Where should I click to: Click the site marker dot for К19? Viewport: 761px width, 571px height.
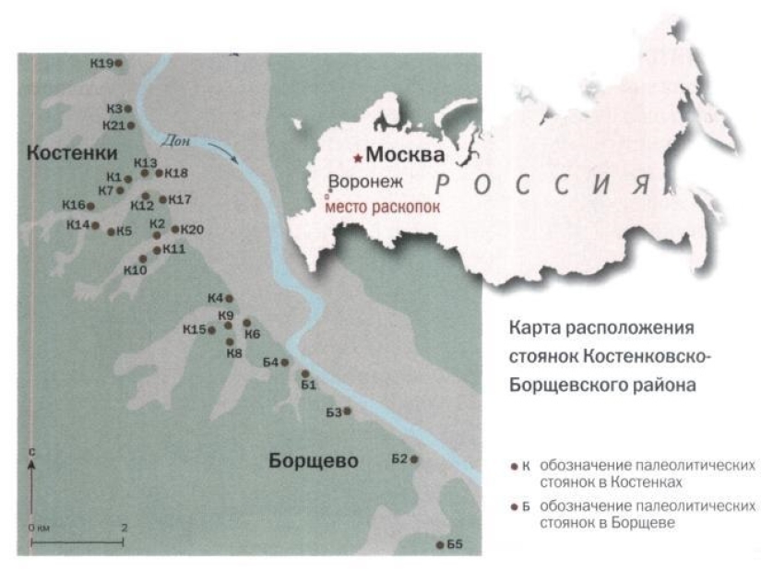(118, 63)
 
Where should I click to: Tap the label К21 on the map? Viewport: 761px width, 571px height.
(113, 125)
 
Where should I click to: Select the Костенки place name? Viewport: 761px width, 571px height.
(72, 152)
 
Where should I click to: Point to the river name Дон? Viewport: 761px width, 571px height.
(175, 141)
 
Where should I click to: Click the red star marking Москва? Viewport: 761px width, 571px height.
(358, 159)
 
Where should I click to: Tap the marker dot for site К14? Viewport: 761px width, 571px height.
(94, 225)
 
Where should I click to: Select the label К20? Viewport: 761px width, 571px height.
(191, 230)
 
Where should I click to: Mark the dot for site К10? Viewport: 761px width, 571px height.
(142, 259)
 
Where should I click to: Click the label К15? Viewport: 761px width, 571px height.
(194, 329)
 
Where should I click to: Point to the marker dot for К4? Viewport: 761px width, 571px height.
(229, 298)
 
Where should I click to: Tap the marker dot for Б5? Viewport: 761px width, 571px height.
(439, 544)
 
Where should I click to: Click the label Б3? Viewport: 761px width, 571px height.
(334, 411)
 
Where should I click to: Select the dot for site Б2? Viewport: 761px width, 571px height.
(414, 459)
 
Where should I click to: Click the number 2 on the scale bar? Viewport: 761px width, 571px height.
(124, 527)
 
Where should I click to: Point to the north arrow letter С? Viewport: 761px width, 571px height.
(32, 453)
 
